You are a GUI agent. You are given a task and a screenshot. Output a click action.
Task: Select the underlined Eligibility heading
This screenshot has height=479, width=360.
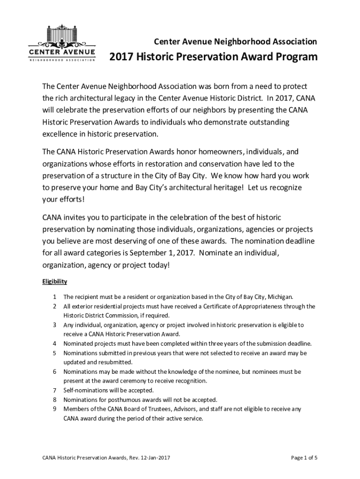click(55, 282)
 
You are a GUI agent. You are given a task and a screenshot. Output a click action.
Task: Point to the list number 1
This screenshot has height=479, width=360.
click(55, 297)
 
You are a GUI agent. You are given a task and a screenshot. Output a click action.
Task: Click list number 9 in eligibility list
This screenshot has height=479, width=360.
click(55, 409)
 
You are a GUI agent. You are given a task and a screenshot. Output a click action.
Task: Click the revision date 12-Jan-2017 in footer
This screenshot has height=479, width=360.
click(148, 457)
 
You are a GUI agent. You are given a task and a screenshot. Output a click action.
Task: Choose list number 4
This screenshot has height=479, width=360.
click(55, 343)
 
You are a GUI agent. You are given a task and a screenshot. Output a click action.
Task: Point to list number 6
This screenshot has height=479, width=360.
click(55, 372)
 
